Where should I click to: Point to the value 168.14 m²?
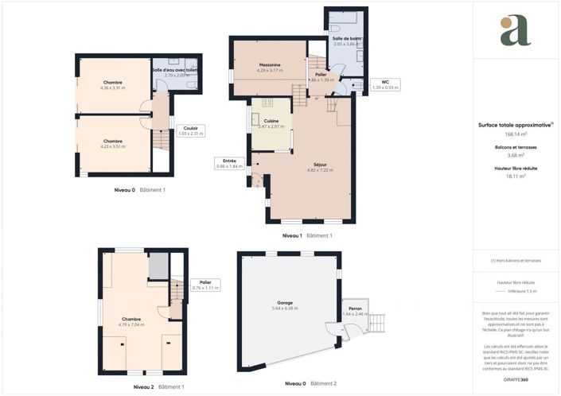(x=516, y=134)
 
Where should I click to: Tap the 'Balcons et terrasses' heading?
(x=516, y=149)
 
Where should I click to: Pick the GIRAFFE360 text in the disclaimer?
(x=516, y=370)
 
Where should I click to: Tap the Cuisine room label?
(x=271, y=122)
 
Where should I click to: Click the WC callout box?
(x=384, y=84)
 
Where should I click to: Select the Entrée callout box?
(x=229, y=163)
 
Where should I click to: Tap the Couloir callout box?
(x=191, y=130)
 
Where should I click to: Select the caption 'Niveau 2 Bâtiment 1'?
(x=158, y=386)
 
